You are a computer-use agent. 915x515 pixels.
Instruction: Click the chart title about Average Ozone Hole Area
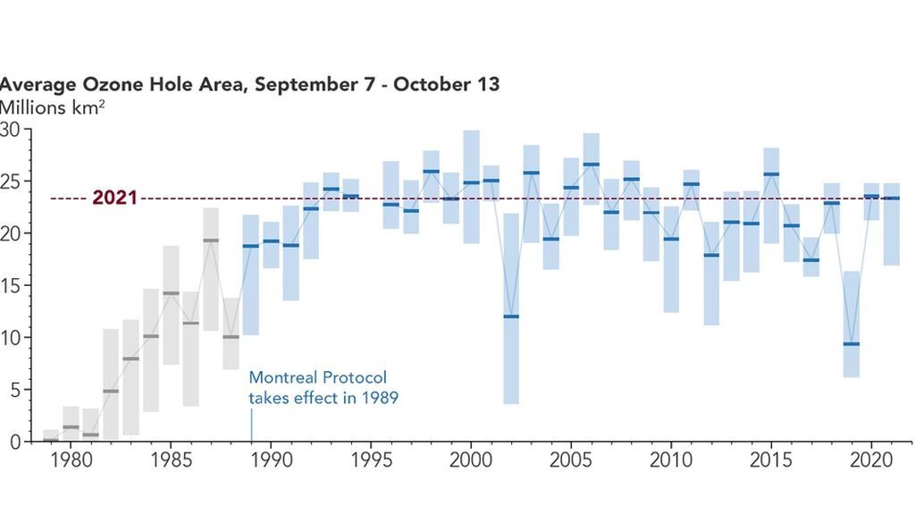249,85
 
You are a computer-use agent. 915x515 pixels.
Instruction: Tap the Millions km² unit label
54,108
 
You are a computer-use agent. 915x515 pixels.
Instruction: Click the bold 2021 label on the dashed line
114,198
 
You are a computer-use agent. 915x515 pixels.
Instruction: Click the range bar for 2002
511,308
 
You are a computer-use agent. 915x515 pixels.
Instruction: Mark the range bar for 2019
852,324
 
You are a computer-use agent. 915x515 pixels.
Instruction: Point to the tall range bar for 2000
471,187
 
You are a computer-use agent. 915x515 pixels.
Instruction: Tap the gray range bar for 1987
211,269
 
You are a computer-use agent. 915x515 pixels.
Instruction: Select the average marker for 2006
591,165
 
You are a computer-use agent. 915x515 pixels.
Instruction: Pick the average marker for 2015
771,174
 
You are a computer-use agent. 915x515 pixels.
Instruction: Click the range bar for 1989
251,274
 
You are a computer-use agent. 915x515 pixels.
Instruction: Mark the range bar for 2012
711,274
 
